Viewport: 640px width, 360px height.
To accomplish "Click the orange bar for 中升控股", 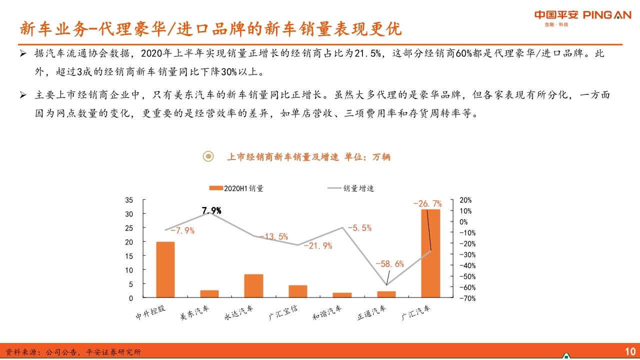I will tap(165, 269).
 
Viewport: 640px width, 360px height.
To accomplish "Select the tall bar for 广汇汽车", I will tap(430, 253).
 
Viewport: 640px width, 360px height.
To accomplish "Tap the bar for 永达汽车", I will tap(253, 285).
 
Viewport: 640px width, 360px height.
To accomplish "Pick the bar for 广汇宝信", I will tap(298, 291).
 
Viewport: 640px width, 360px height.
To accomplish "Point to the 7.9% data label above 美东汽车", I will tap(211, 210).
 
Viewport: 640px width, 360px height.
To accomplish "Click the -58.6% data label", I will tap(390, 264).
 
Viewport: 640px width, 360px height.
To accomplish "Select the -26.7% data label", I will tap(427, 203).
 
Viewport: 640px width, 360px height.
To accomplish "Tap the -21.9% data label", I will tap(318, 245).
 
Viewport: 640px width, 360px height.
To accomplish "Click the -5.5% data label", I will tap(359, 227).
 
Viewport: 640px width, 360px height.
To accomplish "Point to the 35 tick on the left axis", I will tap(129, 200).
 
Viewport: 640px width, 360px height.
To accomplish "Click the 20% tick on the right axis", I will tap(465, 200).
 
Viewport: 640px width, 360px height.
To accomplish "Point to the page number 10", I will tap(629, 350).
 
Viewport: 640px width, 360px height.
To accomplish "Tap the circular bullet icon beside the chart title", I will tap(208, 156).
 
